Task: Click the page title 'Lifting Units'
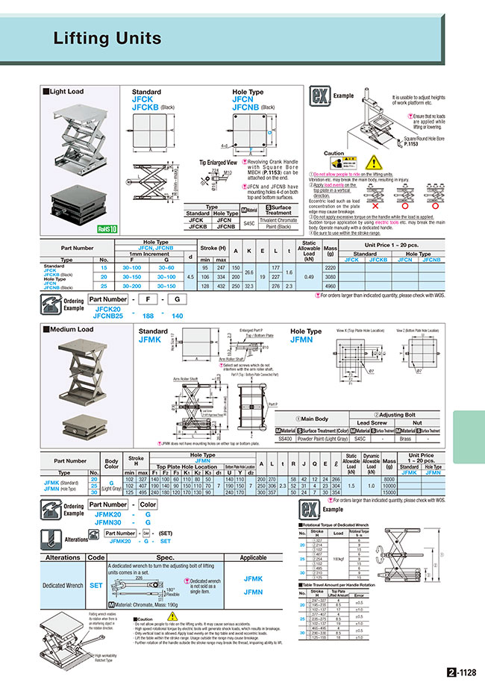click(107, 39)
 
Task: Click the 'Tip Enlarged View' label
click(217, 162)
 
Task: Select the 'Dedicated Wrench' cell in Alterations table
click(63, 586)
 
